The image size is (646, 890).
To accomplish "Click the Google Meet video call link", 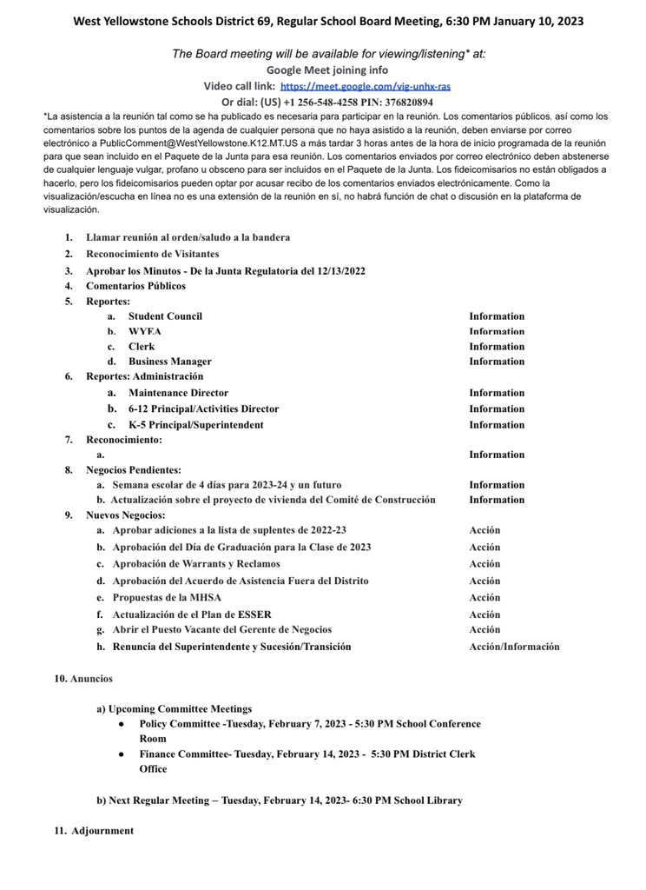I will [x=366, y=87].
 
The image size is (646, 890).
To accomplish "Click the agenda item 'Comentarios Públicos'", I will [x=135, y=286].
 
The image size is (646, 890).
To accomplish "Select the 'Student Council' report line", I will [x=165, y=316].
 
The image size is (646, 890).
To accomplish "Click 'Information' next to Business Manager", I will [x=497, y=362].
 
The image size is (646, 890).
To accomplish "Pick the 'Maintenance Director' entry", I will [x=178, y=393].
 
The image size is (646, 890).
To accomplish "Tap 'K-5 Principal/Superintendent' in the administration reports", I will [x=195, y=425].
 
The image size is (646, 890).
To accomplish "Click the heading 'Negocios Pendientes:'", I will [x=133, y=470].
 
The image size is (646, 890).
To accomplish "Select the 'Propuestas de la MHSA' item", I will [x=167, y=598].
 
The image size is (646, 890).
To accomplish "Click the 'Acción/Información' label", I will [x=514, y=647].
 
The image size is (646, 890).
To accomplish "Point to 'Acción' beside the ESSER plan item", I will [x=484, y=614].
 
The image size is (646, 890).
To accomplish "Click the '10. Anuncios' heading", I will [x=83, y=678].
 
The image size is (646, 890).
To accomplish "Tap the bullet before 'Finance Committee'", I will [x=122, y=754].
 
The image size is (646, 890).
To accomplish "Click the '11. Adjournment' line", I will [x=94, y=831].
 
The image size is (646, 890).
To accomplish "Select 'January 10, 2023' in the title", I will [x=532, y=20].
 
